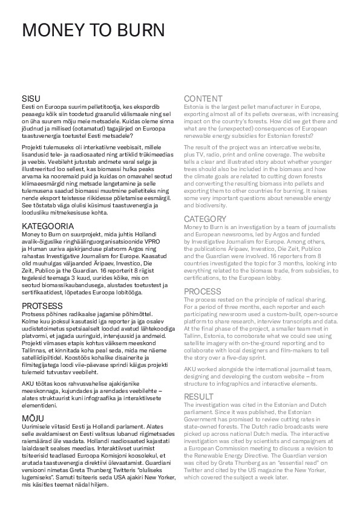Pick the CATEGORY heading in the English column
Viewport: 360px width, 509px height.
click(x=205, y=218)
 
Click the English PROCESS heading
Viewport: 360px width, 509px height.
click(x=202, y=291)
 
